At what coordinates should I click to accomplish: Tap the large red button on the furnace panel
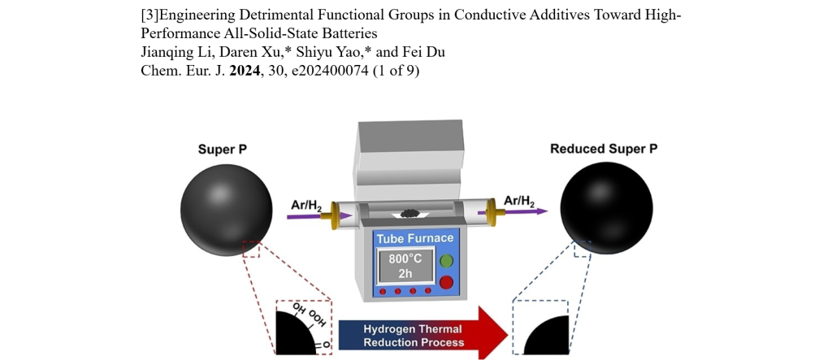coord(446,282)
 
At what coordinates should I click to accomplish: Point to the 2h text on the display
coord(405,274)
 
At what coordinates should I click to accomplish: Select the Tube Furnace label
coord(414,239)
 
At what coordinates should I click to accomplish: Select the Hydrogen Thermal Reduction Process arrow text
coord(413,335)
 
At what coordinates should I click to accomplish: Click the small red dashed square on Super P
coord(251,249)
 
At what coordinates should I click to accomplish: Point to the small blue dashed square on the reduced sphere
coord(582,249)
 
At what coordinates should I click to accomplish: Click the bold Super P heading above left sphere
coord(222,150)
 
